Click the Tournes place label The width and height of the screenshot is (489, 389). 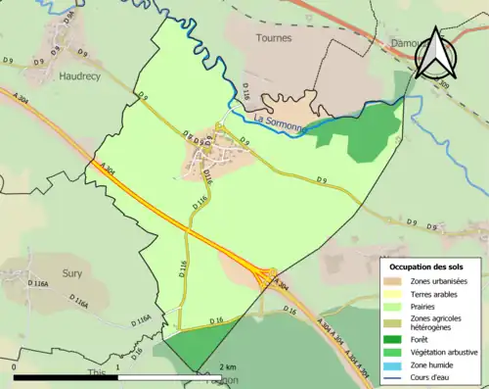tap(273, 37)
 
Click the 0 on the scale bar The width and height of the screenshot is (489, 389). tap(15, 369)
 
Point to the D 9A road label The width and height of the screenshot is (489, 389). tap(68, 18)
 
